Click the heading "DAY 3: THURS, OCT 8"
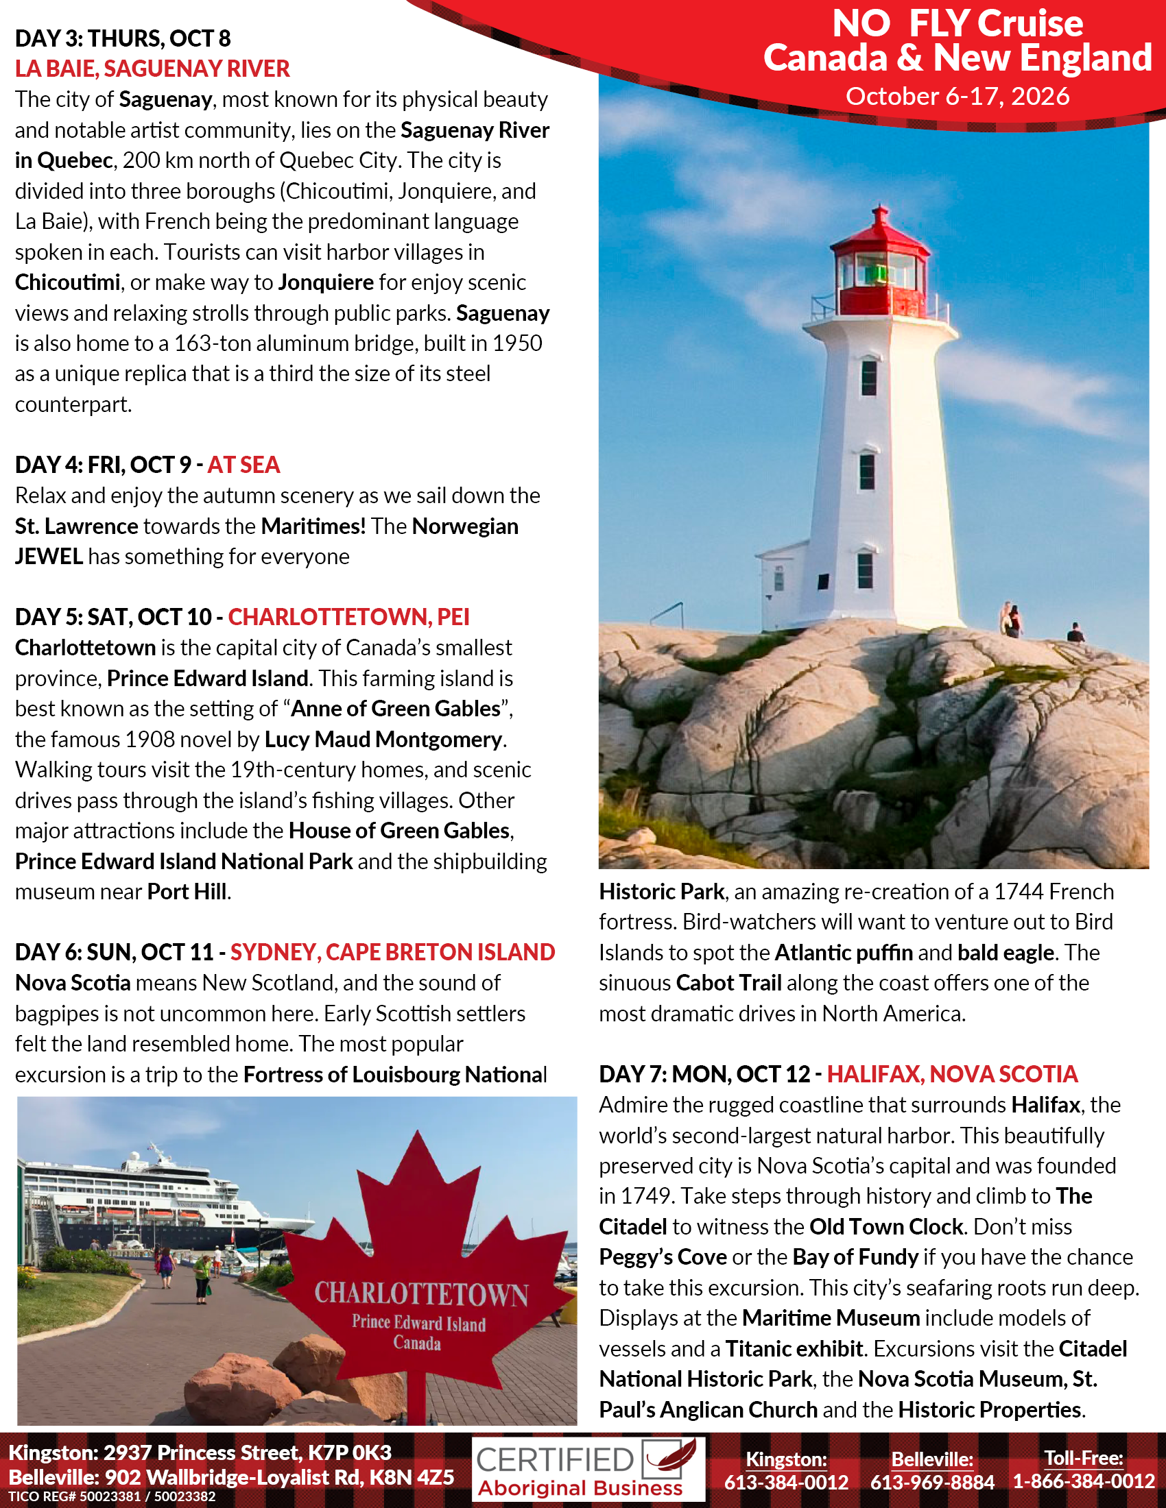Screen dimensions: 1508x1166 pyautogui.click(x=123, y=38)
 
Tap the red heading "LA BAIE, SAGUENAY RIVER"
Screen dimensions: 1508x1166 pyautogui.click(x=153, y=69)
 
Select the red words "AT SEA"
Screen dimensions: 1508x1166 pyautogui.click(x=244, y=465)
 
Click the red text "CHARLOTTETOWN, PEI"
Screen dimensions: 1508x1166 pyautogui.click(x=349, y=618)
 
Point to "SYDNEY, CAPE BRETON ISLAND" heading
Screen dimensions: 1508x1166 pyautogui.click(x=392, y=953)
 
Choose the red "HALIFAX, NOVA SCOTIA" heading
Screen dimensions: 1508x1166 pyautogui.click(x=953, y=1074)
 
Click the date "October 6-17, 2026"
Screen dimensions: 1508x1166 pyautogui.click(x=957, y=97)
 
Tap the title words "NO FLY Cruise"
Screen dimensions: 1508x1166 pyautogui.click(x=957, y=23)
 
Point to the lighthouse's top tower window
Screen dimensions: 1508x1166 pyautogui.click(x=868, y=378)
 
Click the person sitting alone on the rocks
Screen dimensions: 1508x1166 pyautogui.click(x=1075, y=633)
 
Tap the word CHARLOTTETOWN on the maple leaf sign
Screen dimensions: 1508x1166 pyautogui.click(x=421, y=1294)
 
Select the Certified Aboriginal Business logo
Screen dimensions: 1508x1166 pyautogui.click(x=588, y=1470)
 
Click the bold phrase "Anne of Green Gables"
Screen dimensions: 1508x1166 pyautogui.click(x=396, y=709)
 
